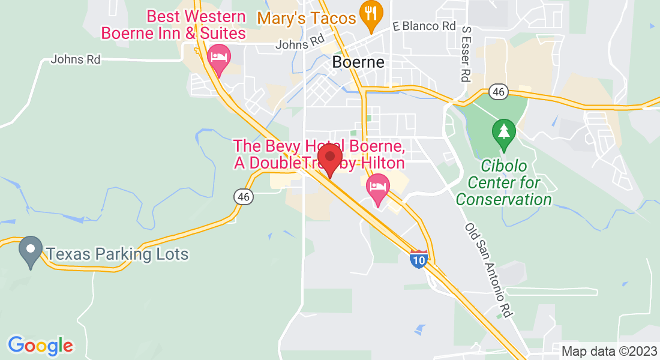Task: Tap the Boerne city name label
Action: [358, 62]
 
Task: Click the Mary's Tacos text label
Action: [307, 18]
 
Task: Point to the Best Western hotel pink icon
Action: [218, 58]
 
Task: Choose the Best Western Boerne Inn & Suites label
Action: [173, 25]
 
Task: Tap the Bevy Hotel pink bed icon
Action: [378, 187]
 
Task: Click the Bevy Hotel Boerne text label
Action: [318, 154]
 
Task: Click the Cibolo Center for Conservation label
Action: [503, 182]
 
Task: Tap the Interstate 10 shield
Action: [419, 259]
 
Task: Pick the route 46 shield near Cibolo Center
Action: [499, 92]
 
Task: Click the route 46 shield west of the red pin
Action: [243, 196]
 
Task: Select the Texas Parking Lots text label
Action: [118, 254]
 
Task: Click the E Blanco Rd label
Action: [424, 26]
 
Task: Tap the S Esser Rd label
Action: [466, 53]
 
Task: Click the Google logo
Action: [40, 346]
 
